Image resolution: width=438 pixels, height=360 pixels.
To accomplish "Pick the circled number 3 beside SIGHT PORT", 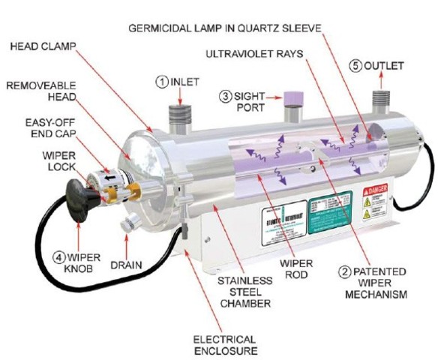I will tap(224, 96).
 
